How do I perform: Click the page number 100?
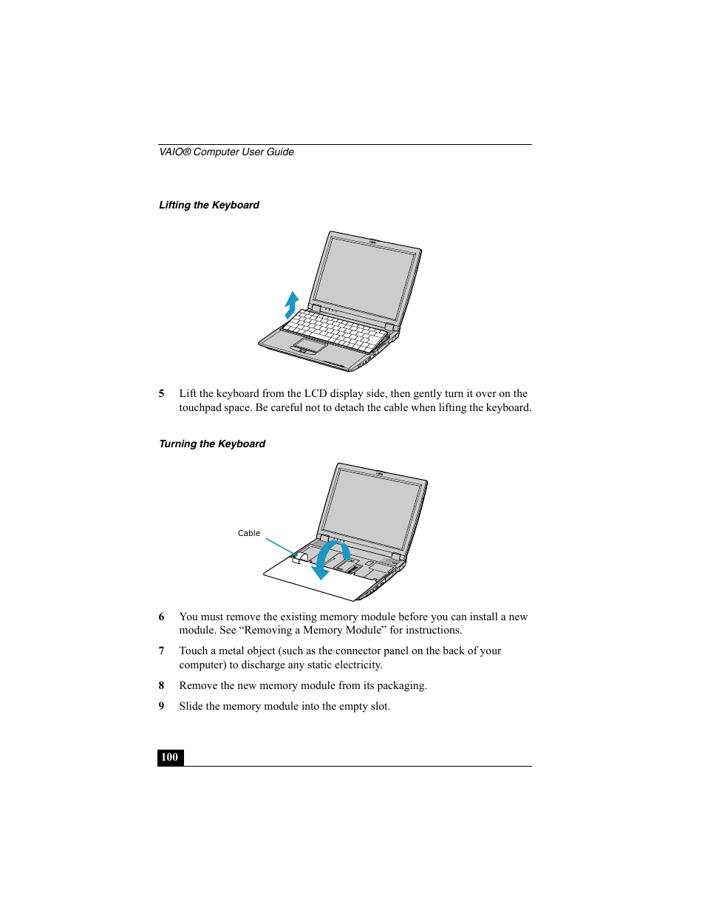pyautogui.click(x=169, y=757)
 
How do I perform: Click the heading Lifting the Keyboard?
pyautogui.click(x=209, y=206)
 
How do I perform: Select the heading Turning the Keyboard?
pyautogui.click(x=212, y=444)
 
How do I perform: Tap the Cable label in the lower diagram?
pyautogui.click(x=249, y=533)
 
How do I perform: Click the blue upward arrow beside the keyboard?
pyautogui.click(x=292, y=305)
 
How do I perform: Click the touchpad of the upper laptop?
pyautogui.click(x=310, y=345)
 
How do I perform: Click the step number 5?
pyautogui.click(x=161, y=393)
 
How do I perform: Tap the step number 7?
pyautogui.click(x=161, y=651)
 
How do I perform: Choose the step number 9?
pyautogui.click(x=161, y=706)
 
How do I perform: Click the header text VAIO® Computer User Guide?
pyautogui.click(x=226, y=152)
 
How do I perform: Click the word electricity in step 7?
pyautogui.click(x=358, y=665)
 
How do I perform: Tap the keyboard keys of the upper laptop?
pyautogui.click(x=336, y=330)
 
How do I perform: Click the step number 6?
pyautogui.click(x=161, y=617)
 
